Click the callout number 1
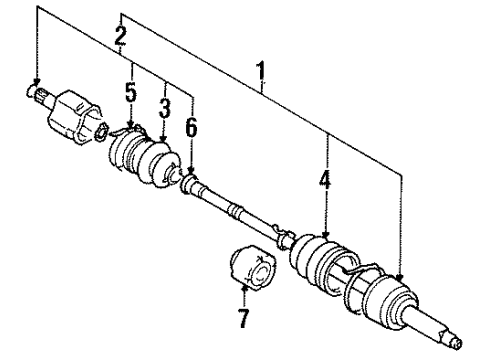click(263, 72)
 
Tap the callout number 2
click(120, 39)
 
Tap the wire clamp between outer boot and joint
click(349, 268)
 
